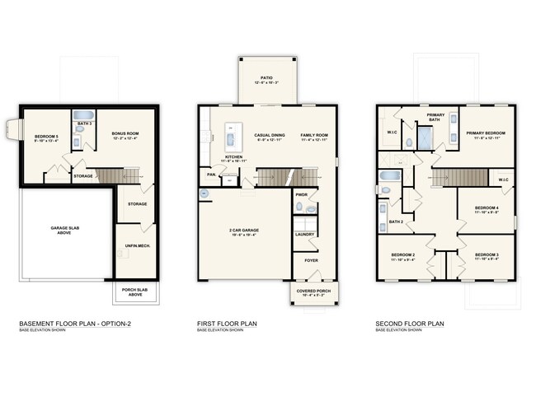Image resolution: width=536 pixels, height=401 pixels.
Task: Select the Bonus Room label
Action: [x=125, y=133]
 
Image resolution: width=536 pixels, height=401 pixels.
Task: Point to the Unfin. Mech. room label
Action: [x=136, y=247]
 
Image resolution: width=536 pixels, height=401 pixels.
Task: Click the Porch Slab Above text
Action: [x=129, y=292]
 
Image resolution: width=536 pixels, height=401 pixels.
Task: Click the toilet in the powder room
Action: [x=310, y=209]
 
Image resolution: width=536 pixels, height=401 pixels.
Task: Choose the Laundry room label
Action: [x=304, y=235]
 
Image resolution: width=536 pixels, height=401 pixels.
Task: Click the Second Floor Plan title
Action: [x=410, y=324]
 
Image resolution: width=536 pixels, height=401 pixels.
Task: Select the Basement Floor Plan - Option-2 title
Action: [x=75, y=324]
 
